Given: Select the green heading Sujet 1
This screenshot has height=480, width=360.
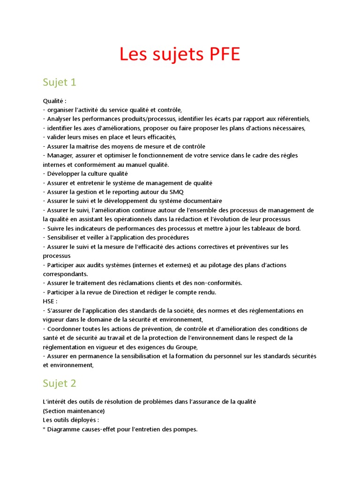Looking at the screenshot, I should [59, 82].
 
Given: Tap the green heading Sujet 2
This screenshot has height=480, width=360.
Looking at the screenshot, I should [59, 383].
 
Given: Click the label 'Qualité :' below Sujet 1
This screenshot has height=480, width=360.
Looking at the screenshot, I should [54, 101].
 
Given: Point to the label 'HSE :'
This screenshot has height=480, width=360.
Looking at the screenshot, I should [50, 301].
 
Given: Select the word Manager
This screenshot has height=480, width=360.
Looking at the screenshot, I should [60, 155].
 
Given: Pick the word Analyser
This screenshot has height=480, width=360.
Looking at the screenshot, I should [60, 119].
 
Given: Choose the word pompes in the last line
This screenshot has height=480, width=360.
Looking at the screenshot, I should [186, 429].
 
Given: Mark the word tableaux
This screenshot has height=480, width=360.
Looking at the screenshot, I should [264, 228].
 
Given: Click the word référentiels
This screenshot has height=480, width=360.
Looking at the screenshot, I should [291, 119].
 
